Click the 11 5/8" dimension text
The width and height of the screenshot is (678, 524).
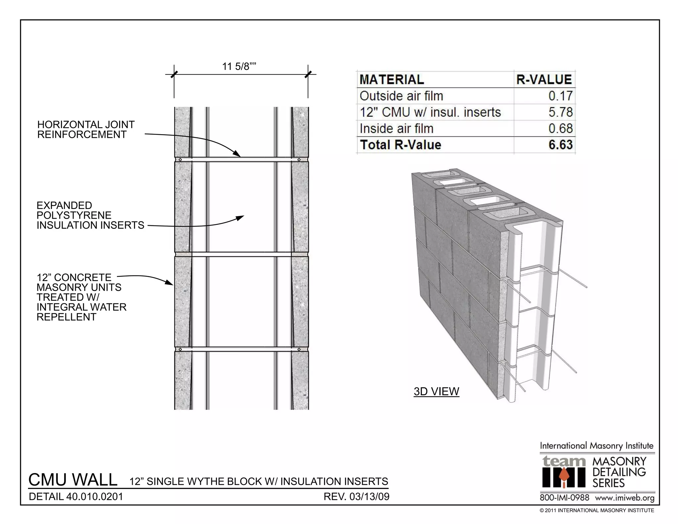click(239, 67)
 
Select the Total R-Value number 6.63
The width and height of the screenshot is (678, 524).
click(560, 145)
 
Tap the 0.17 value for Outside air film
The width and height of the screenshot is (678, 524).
click(560, 96)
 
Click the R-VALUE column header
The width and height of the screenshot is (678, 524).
click(544, 79)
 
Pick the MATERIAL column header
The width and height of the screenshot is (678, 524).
click(392, 79)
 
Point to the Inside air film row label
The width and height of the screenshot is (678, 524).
click(396, 129)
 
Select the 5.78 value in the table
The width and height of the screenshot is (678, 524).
click(560, 112)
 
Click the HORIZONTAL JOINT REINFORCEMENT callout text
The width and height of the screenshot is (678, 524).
click(86, 130)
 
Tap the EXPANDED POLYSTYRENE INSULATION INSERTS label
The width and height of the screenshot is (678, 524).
click(90, 215)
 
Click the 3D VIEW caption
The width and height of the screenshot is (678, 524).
click(436, 392)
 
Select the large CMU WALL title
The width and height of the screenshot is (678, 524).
click(73, 480)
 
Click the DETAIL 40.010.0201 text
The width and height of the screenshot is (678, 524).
click(76, 497)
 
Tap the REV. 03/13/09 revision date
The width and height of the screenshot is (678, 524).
click(356, 497)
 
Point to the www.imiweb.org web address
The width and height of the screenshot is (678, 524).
click(624, 498)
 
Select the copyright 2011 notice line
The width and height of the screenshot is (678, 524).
click(597, 510)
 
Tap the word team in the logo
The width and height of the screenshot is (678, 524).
click(563, 461)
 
